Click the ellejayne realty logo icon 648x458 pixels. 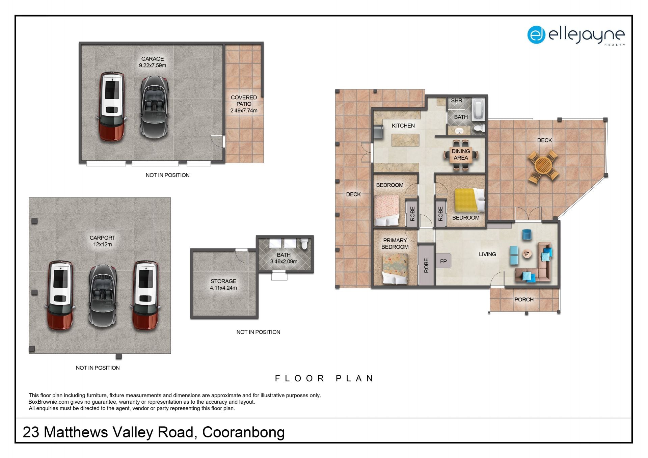point(536,35)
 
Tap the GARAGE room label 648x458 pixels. point(153,59)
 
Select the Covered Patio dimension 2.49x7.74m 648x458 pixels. point(244,111)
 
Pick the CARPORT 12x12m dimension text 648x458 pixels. point(103,244)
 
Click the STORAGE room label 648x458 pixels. point(223,281)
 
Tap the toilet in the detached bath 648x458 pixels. point(304,244)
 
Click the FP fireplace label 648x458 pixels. point(443,261)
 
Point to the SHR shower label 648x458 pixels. point(456,101)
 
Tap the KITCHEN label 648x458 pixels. point(403,126)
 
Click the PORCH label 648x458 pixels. point(524,299)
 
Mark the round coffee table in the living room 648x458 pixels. point(527,253)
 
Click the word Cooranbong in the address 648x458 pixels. point(243,432)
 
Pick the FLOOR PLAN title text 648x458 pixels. point(324,378)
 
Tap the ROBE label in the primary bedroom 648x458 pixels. point(426,266)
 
